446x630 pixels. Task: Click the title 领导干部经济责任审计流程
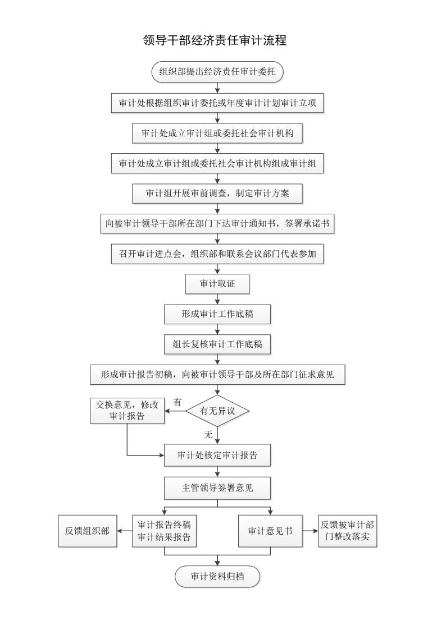[x=215, y=40]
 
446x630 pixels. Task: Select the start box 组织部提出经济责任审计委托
[x=217, y=72]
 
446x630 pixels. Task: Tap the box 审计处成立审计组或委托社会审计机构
[x=217, y=134]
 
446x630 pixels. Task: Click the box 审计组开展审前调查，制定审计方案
[x=217, y=194]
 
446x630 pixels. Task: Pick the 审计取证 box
[x=217, y=284]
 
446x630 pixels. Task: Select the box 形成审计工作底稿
[x=217, y=314]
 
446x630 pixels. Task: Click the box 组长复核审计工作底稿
[x=217, y=344]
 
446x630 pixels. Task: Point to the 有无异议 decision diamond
[x=217, y=411]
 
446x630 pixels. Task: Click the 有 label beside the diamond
[x=178, y=402]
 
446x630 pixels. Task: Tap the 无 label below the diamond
[x=208, y=434]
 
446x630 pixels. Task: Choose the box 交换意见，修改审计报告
[x=128, y=411]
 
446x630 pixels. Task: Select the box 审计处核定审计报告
[x=217, y=456]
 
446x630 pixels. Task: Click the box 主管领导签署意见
[x=217, y=488]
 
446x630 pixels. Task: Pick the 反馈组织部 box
[x=87, y=531]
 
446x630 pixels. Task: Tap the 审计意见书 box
[x=270, y=531]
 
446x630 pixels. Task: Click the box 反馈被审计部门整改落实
[x=347, y=531]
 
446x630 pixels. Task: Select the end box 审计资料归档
[x=217, y=577]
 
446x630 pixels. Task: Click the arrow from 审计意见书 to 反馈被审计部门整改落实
[x=310, y=531]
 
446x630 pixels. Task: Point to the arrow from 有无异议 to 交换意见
[x=175, y=411]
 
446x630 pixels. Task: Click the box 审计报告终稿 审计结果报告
[x=164, y=531]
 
